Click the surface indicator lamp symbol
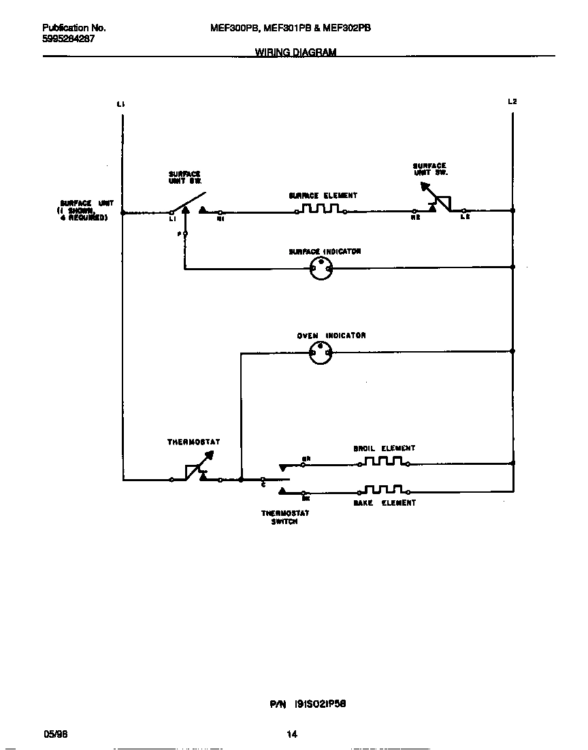point(321,269)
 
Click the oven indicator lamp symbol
point(321,353)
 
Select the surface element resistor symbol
point(321,210)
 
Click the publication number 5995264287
point(68,39)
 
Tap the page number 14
point(292,734)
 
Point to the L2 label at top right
point(512,101)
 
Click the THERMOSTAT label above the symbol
point(193,442)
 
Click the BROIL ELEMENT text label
point(384,449)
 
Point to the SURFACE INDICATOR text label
point(324,252)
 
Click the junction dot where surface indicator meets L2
point(512,267)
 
